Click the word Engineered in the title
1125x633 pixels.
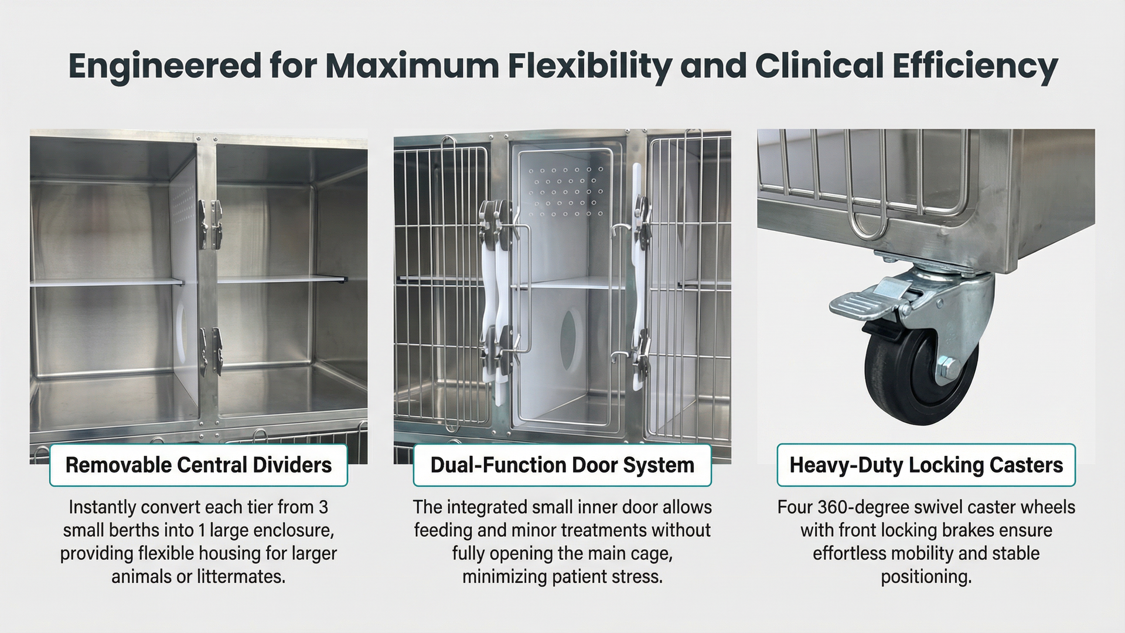tap(165, 66)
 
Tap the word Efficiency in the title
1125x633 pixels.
tap(976, 66)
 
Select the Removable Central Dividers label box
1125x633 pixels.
tap(199, 465)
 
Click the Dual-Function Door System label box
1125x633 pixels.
tap(562, 465)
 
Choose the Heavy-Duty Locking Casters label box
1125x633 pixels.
tap(926, 465)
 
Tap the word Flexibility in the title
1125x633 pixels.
tap(589, 66)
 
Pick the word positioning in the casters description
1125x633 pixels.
tap(926, 577)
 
